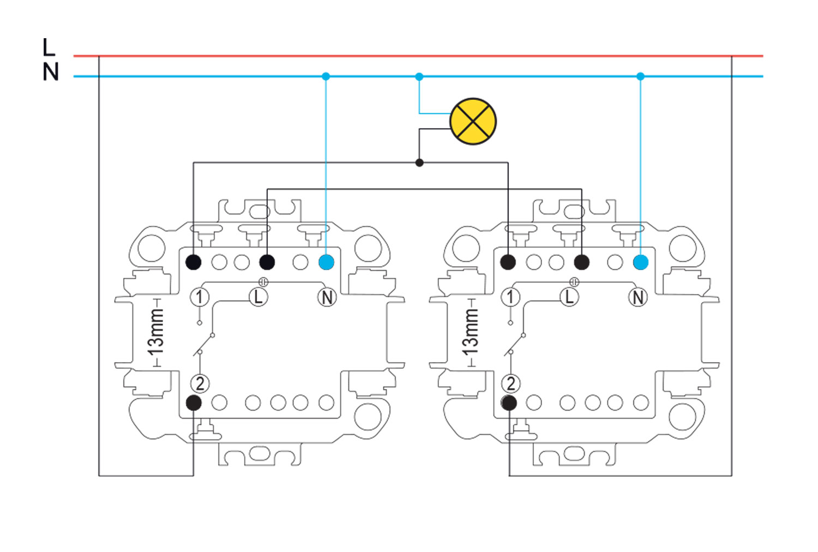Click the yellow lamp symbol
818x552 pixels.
(x=473, y=121)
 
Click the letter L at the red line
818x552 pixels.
(x=49, y=47)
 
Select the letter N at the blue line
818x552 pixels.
(x=51, y=72)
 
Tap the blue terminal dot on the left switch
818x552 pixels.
(x=326, y=262)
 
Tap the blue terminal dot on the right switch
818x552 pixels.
(x=641, y=262)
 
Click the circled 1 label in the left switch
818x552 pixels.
(x=200, y=297)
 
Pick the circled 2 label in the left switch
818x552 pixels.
(x=200, y=383)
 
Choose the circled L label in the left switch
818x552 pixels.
(x=258, y=297)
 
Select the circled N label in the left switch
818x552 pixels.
(x=327, y=297)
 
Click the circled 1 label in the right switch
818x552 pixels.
(x=510, y=297)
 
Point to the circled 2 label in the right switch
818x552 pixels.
(x=510, y=383)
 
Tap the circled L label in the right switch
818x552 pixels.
(x=569, y=297)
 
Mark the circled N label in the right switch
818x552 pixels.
(x=638, y=297)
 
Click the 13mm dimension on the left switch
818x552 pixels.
(x=157, y=332)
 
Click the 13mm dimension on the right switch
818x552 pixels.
(x=471, y=332)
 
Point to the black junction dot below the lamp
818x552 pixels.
(x=419, y=163)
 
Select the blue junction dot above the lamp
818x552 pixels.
(x=419, y=77)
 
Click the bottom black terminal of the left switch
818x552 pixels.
(x=194, y=403)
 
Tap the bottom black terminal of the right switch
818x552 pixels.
(x=509, y=403)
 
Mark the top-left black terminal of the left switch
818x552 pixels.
(x=194, y=262)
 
